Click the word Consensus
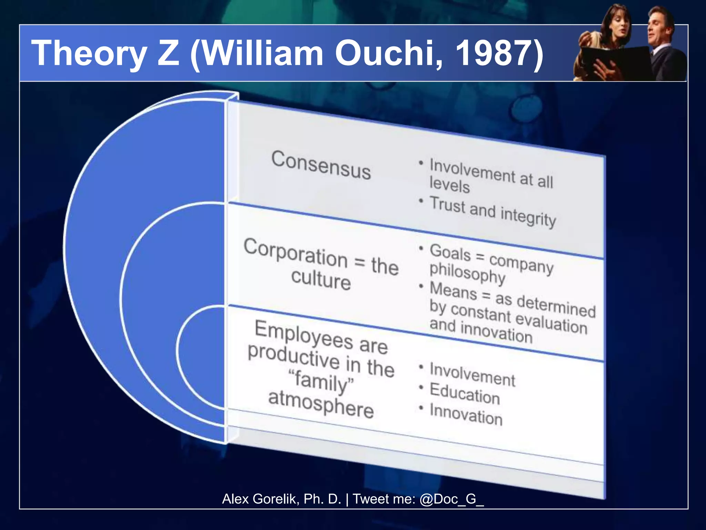click(x=321, y=165)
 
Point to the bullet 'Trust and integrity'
click(x=493, y=211)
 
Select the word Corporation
click(x=295, y=253)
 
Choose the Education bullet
click(x=464, y=393)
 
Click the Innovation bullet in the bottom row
click(x=466, y=414)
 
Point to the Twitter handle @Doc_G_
click(x=452, y=499)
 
